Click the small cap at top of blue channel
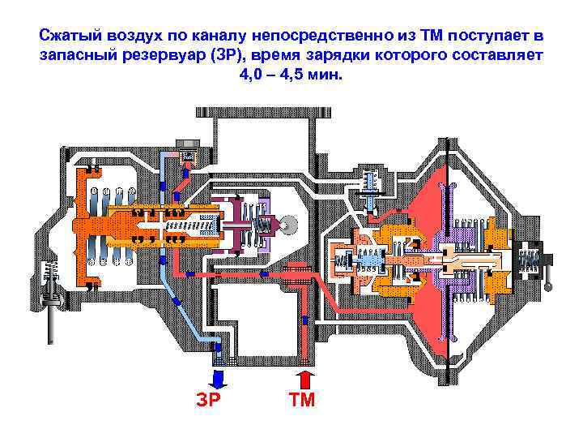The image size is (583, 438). [187, 155]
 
